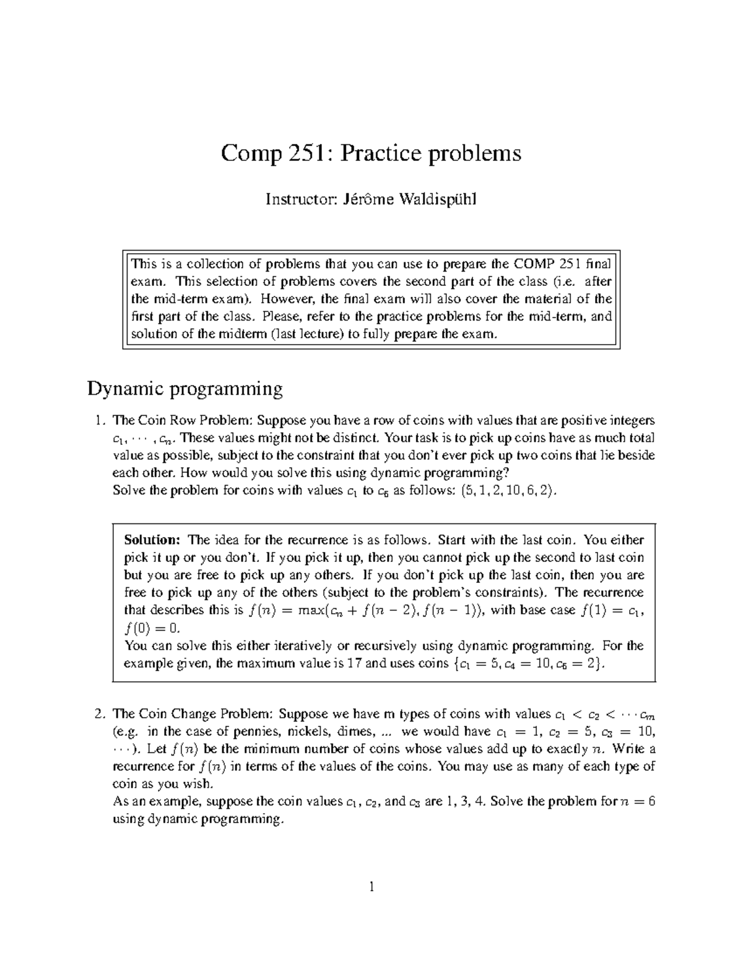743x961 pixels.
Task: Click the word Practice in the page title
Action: click(380, 153)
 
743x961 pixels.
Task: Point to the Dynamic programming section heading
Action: click(185, 389)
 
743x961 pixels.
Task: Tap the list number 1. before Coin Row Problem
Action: click(98, 421)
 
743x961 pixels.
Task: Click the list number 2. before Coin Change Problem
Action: click(98, 714)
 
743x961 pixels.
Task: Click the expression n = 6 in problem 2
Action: click(637, 802)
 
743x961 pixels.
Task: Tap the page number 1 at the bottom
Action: click(371, 888)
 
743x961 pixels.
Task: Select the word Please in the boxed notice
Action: click(282, 317)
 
